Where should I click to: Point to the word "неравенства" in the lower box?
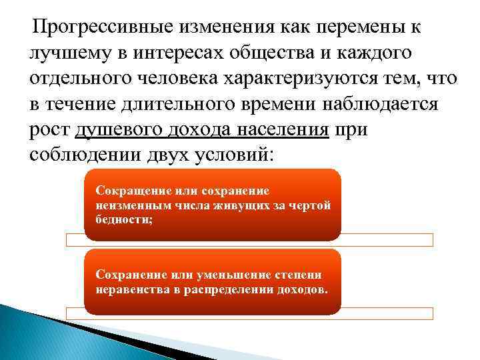pos(132,291)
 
